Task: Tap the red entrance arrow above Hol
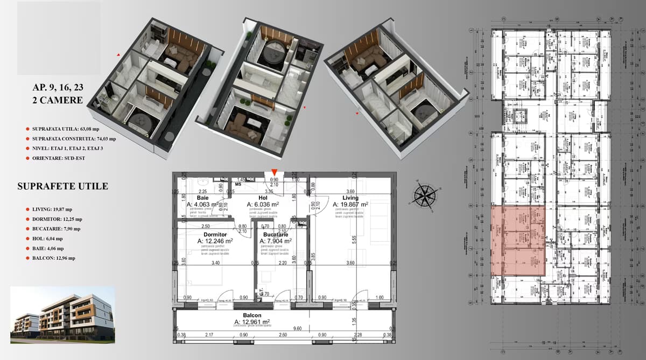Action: pyautogui.click(x=274, y=172)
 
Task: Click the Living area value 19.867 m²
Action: pyautogui.click(x=350, y=204)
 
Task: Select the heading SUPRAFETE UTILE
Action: pyautogui.click(x=62, y=187)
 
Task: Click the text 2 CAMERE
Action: pyautogui.click(x=58, y=100)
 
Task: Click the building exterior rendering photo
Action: pyautogui.click(x=62, y=315)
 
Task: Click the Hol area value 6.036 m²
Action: pyautogui.click(x=263, y=204)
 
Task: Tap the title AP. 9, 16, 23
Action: pyautogui.click(x=58, y=87)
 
